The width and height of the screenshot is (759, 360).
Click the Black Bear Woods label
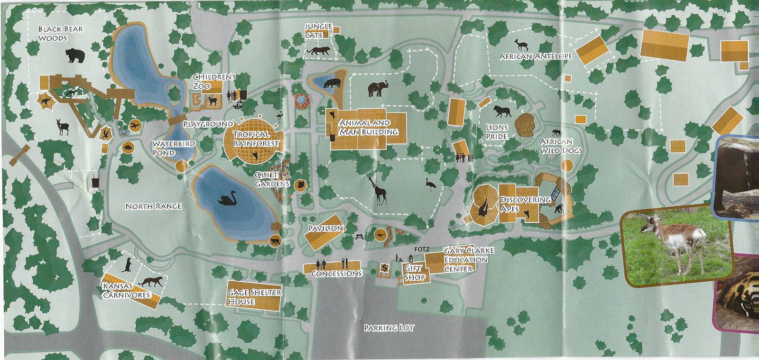click(x=60, y=33)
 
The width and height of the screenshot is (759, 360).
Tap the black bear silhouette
click(x=74, y=55)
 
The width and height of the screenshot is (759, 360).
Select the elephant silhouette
click(x=379, y=88)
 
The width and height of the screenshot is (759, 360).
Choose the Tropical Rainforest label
click(x=255, y=138)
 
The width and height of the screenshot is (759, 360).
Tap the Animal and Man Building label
click(x=368, y=127)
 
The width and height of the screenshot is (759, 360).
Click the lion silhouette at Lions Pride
click(x=501, y=112)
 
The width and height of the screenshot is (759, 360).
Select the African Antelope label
click(x=536, y=56)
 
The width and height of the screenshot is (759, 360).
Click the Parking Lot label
click(x=382, y=328)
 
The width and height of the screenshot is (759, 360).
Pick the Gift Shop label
click(x=414, y=272)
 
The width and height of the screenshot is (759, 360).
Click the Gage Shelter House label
click(x=254, y=297)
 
